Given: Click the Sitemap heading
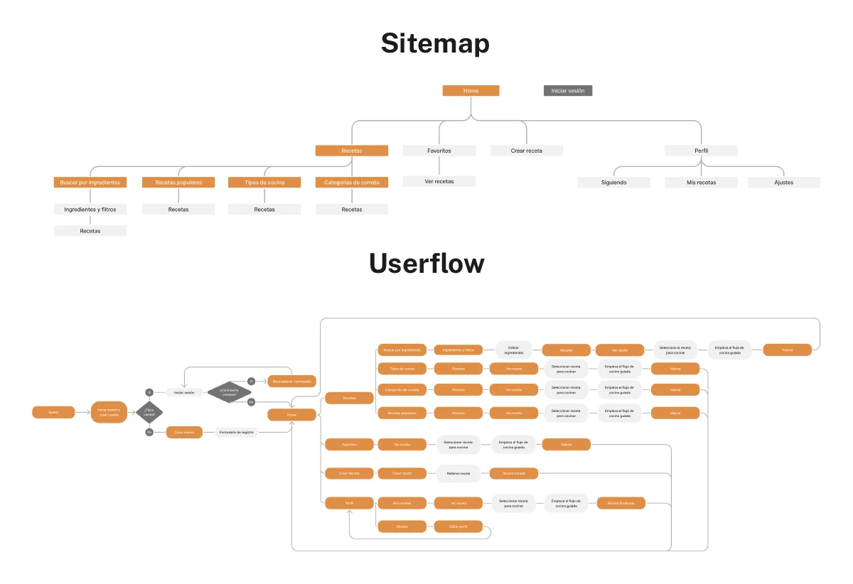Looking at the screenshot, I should [x=435, y=44].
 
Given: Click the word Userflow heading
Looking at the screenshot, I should [x=426, y=264].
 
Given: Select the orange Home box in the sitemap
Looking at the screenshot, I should [x=471, y=91].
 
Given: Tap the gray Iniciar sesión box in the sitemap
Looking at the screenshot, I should [x=567, y=91].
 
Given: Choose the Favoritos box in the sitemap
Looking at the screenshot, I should [x=439, y=151].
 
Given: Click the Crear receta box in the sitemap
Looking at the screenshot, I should [x=526, y=151].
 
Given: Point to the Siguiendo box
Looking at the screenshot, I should [x=613, y=183].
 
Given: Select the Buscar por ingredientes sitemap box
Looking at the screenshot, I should [x=90, y=183].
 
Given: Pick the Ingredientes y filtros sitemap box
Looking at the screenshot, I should [x=90, y=210].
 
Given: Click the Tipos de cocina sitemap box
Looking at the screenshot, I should [x=264, y=183].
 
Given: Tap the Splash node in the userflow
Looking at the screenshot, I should [x=53, y=412].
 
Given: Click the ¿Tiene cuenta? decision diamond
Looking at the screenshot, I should [x=149, y=412].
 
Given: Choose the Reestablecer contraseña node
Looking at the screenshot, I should [x=291, y=382].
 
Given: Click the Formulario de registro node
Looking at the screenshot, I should [x=236, y=432].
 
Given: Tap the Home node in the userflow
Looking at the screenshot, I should [x=291, y=415].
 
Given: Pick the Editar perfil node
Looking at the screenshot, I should [x=458, y=526].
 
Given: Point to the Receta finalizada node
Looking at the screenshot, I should [x=621, y=503].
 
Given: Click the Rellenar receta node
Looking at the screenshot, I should [x=458, y=473].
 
